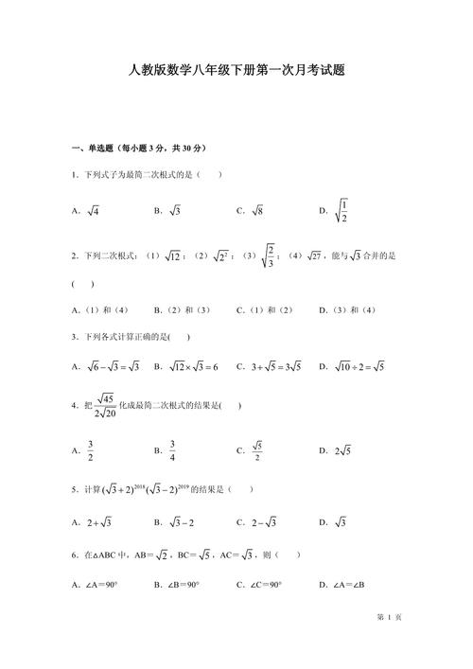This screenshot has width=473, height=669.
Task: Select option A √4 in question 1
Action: (94, 211)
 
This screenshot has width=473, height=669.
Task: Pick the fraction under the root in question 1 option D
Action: (345, 212)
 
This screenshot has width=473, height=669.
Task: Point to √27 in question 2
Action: (308, 255)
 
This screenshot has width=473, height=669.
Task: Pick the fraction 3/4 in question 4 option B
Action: (173, 451)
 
